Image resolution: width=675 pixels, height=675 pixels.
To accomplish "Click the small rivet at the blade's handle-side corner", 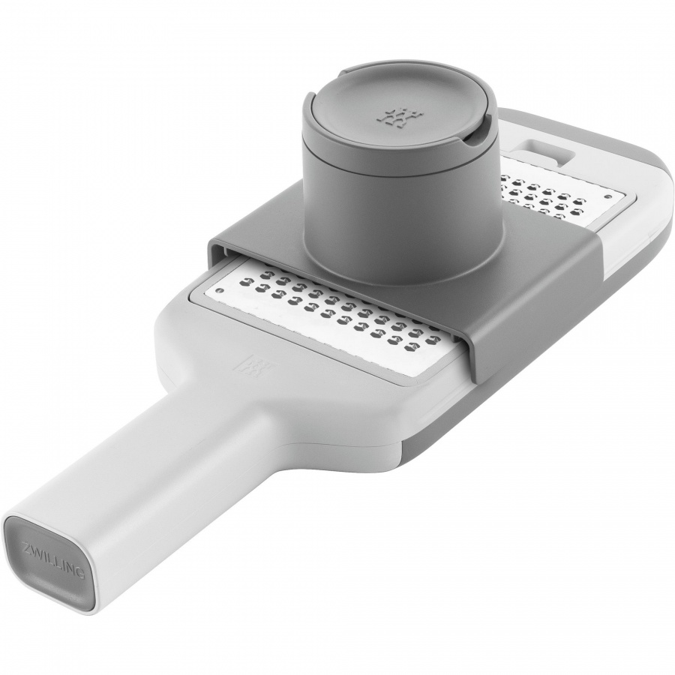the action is [220, 290].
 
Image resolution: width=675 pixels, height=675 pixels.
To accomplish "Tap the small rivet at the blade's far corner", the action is [606, 196].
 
